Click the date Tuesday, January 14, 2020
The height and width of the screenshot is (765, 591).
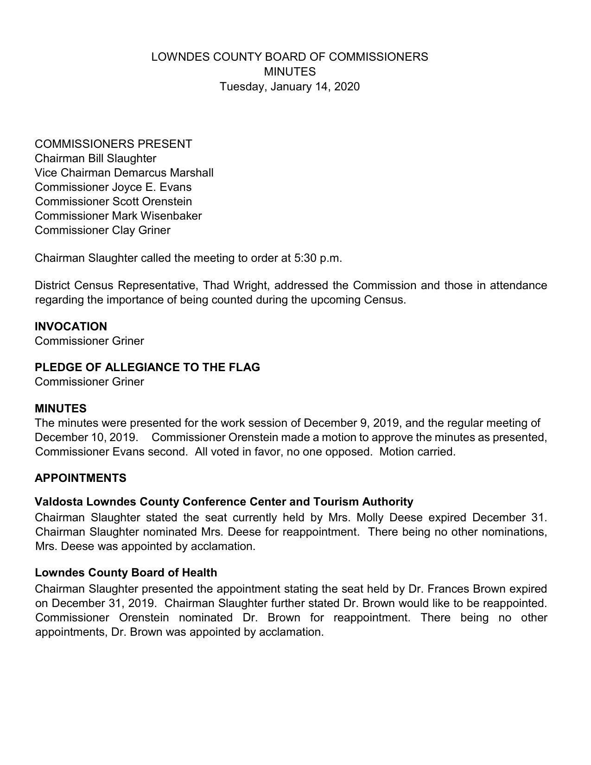tap(289, 87)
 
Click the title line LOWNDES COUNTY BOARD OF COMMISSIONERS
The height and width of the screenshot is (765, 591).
tap(289, 57)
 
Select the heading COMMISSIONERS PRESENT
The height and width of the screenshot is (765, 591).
tap(113, 144)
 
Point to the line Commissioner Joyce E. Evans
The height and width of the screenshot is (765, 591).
tap(113, 187)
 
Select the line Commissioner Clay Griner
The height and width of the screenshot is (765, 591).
tap(102, 230)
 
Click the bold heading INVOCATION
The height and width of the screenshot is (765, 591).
tap(71, 326)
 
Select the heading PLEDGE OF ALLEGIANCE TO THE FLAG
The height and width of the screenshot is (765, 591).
tap(147, 367)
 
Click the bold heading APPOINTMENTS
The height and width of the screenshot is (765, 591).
tap(80, 478)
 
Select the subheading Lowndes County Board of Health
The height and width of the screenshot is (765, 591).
tap(126, 572)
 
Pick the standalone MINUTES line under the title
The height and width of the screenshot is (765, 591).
tap(289, 72)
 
